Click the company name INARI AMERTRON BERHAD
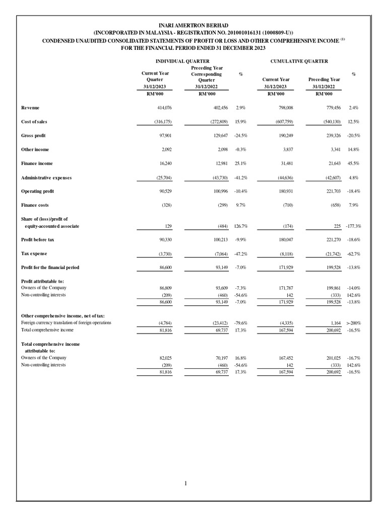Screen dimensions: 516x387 (193, 25)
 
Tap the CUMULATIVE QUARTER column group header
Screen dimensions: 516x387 (299, 61)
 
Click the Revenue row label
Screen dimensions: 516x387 (30, 108)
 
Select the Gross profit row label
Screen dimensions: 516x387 (34, 136)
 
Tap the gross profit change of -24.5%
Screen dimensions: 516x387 (240, 136)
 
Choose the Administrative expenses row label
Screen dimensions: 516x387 (46, 177)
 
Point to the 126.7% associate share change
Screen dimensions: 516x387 (240, 226)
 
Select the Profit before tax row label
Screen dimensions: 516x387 (37, 240)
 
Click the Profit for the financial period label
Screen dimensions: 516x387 (50, 267)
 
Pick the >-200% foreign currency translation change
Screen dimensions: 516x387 (353, 322)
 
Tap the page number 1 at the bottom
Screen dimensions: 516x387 (185, 484)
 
